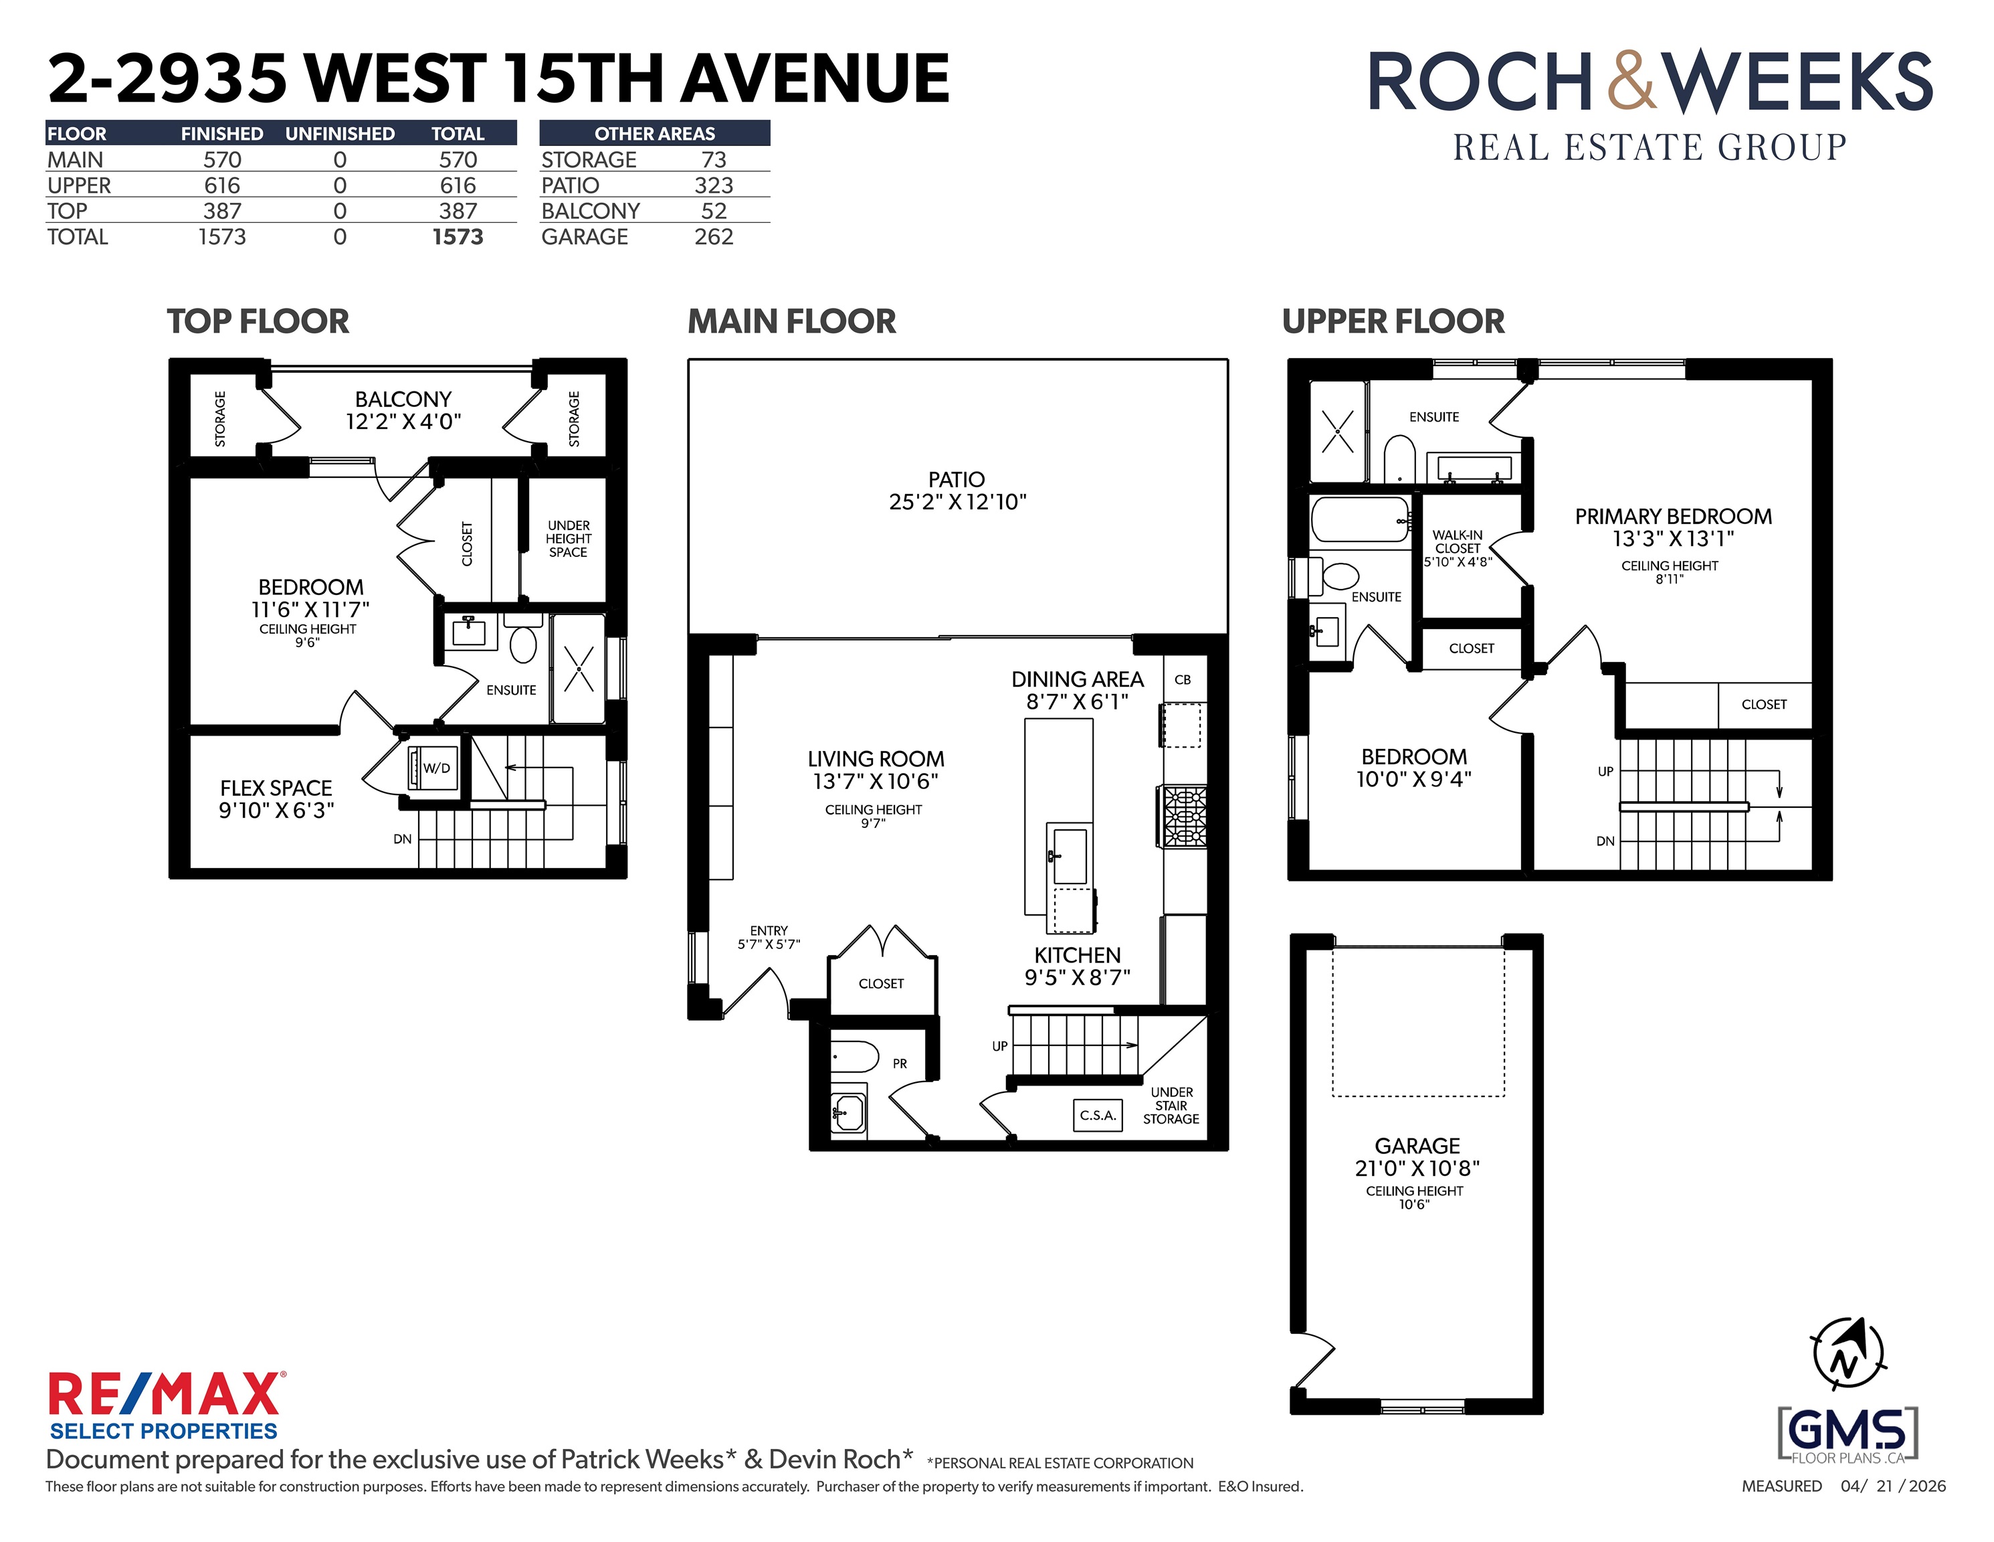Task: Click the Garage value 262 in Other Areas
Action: pos(713,237)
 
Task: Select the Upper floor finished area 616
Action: pos(222,185)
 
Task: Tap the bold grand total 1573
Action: pos(458,237)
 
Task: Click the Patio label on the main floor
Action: pos(956,480)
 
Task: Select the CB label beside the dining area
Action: pos(1183,680)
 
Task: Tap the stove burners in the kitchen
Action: pos(1184,816)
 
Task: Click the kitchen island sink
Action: pos(1069,856)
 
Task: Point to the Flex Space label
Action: pos(276,788)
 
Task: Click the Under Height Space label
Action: pos(568,539)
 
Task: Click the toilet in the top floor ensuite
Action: pos(523,639)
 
